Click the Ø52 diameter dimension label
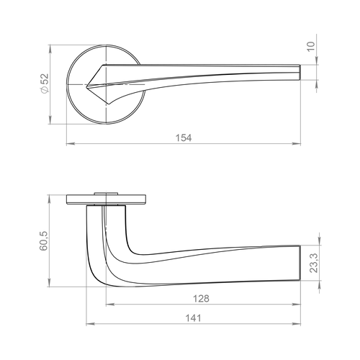click(x=45, y=84)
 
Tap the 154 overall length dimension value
click(x=184, y=138)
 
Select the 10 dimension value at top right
click(x=311, y=46)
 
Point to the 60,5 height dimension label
click(x=44, y=241)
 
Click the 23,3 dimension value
click(x=313, y=263)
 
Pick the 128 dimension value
click(x=201, y=299)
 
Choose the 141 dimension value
click(x=193, y=318)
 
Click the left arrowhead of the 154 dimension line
click(x=71, y=144)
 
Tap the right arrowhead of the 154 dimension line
click(x=296, y=144)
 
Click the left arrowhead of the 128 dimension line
click(x=110, y=305)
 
